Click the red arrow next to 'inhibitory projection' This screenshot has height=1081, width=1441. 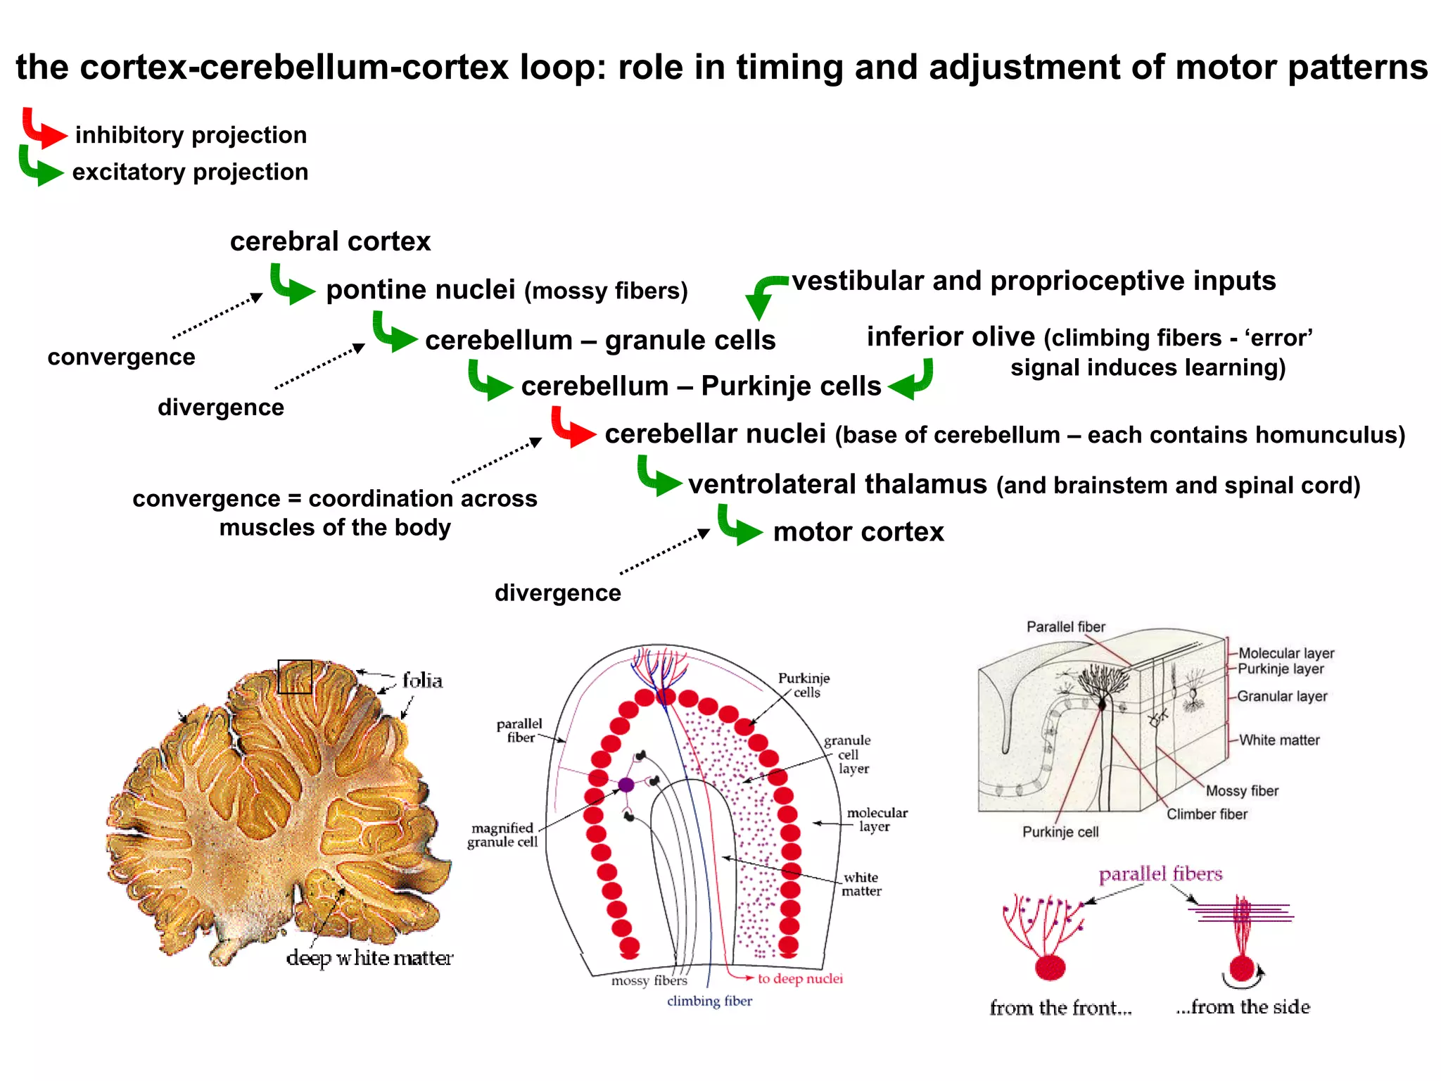tap(42, 129)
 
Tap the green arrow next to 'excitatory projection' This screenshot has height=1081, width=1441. tap(39, 167)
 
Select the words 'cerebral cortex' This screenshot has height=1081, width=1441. tap(330, 241)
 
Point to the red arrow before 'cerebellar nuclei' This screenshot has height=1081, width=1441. tap(572, 428)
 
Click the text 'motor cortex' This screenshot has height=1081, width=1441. tap(858, 532)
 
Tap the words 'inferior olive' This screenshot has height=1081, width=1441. tap(950, 337)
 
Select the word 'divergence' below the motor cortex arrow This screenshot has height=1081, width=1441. tap(557, 593)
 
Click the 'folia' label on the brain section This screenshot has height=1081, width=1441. tap(422, 681)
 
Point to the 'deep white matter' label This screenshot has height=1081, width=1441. tap(369, 959)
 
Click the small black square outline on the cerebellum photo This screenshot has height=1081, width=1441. tap(295, 676)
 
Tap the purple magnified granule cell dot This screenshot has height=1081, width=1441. tap(626, 785)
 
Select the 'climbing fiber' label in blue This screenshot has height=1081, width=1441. tap(709, 1001)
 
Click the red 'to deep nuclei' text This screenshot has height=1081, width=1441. tap(800, 979)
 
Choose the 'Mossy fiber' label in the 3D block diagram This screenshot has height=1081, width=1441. tap(1242, 791)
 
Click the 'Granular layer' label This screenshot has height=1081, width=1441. tap(1282, 697)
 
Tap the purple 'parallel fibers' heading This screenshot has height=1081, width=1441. tap(1160, 875)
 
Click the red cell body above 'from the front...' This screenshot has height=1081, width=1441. tap(1050, 968)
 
